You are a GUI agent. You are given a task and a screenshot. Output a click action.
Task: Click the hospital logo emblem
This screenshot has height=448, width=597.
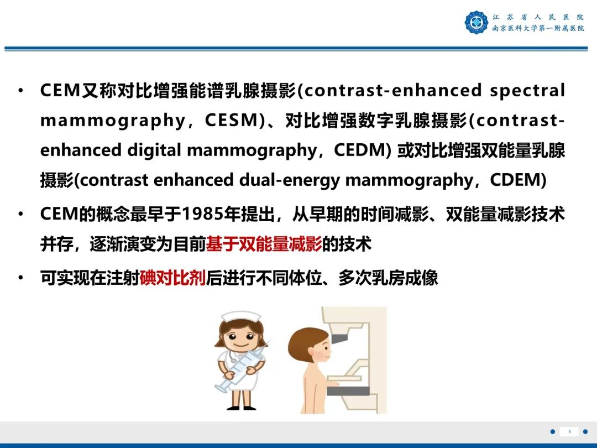(x=476, y=23)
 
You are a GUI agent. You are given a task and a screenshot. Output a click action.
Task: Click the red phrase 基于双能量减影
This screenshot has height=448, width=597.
(x=264, y=244)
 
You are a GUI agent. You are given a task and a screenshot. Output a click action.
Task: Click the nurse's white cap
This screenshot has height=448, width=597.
(x=239, y=319)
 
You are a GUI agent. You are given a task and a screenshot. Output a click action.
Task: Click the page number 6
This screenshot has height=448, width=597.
(x=569, y=431)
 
